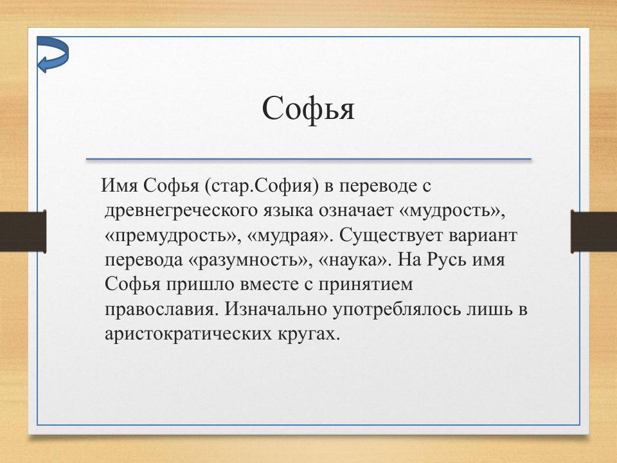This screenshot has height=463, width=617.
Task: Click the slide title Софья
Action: (308, 109)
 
